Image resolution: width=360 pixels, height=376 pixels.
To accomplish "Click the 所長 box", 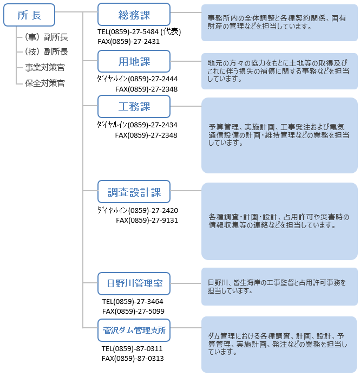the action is click(29, 15).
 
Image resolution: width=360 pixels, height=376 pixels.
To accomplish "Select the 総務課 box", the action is click(134, 15).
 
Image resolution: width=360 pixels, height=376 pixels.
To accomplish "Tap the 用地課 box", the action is click(134, 61).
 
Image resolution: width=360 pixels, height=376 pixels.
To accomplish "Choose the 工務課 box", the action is click(134, 107).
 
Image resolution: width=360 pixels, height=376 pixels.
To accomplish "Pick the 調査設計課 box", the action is click(134, 192).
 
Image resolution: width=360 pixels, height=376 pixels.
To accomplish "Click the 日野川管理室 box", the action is click(134, 284).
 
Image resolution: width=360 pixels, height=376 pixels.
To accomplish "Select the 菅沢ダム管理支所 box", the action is click(134, 330).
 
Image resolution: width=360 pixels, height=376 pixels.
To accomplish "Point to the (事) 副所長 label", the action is click(46, 37).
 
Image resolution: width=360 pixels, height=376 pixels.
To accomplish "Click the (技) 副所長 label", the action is click(46, 51).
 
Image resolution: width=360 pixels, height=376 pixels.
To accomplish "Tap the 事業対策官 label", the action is click(45, 67).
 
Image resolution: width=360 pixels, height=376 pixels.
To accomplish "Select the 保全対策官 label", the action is click(45, 83).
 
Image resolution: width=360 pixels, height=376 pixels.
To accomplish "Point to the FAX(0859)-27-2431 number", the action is click(128, 42).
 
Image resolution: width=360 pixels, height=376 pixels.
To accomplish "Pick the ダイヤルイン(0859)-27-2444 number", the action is click(138, 79).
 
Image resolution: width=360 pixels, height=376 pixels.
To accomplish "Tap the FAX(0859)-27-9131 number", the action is click(147, 220).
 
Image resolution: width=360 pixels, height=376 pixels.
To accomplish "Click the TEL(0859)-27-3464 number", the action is click(133, 301).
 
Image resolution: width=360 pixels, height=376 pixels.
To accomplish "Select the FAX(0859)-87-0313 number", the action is click(133, 358).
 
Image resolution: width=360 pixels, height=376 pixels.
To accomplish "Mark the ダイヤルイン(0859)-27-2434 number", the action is click(137, 125).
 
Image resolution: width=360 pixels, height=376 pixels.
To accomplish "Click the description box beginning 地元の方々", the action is click(279, 71).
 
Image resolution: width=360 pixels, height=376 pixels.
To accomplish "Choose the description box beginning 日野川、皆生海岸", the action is click(279, 287).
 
